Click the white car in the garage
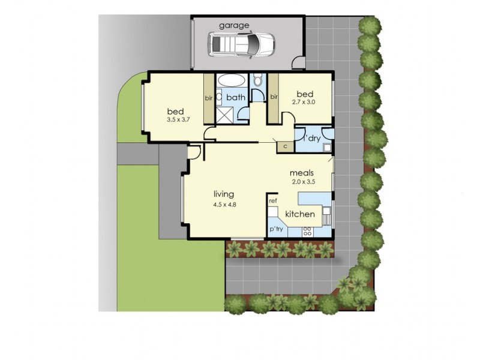[241, 44]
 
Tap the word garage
[234, 25]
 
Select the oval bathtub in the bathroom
[230, 80]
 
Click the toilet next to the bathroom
[258, 80]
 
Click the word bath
[236, 97]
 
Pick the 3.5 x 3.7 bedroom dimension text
[178, 120]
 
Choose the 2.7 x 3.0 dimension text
[304, 102]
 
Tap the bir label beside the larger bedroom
[209, 97]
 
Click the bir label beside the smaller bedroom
[274, 96]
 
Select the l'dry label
[313, 138]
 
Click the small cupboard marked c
[285, 145]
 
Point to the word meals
[302, 173]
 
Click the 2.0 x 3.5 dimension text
[302, 181]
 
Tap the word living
[224, 194]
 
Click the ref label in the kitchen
[273, 200]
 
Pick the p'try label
[276, 229]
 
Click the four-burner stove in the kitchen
[307, 230]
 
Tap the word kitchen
[300, 214]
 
